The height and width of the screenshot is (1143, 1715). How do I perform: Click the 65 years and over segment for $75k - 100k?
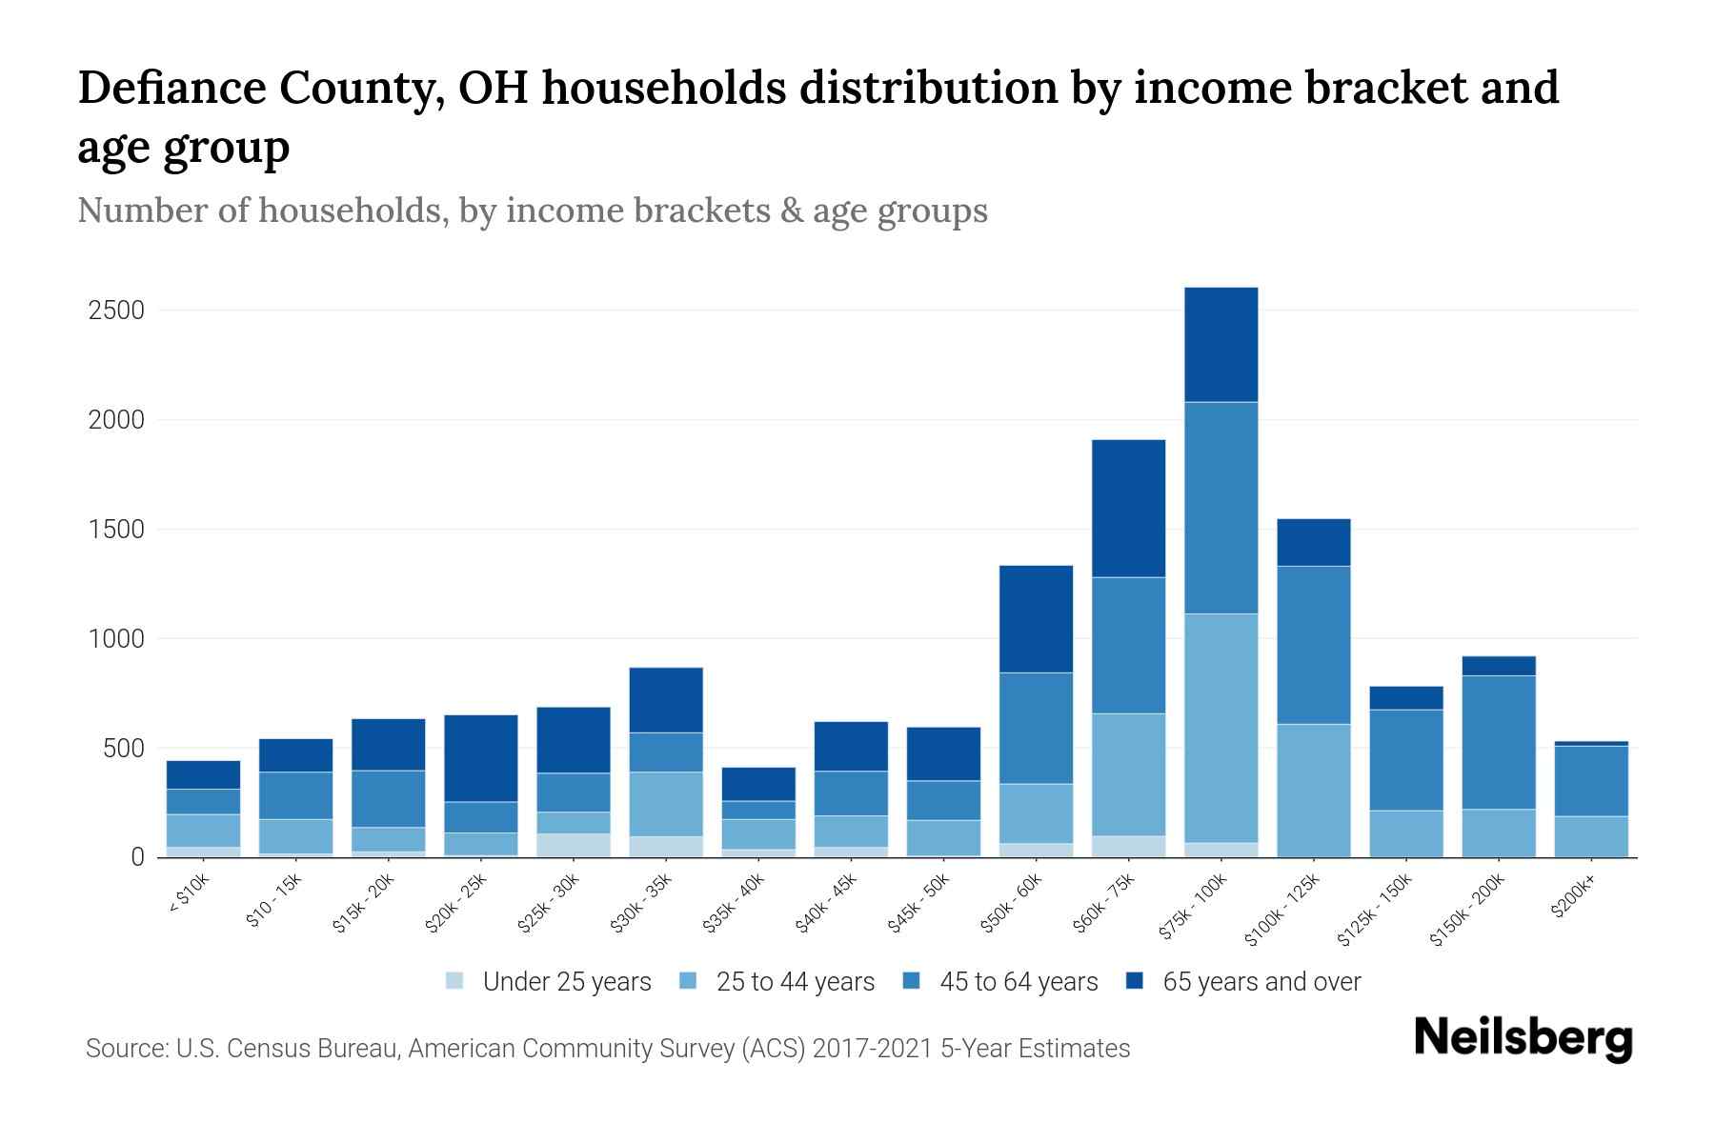tap(1221, 344)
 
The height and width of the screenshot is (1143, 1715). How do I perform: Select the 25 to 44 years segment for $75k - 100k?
tap(1221, 727)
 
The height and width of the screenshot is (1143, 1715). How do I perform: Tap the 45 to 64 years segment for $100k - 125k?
tap(1313, 645)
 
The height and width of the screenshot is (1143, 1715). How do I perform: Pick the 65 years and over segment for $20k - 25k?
tap(480, 758)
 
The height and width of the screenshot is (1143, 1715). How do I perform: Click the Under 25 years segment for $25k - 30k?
tap(573, 845)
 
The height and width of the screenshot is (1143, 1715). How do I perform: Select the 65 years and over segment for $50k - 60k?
tap(1036, 619)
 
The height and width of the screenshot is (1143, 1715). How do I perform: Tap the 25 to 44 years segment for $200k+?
tap(1590, 836)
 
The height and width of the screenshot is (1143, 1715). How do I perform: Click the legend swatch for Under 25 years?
tap(455, 981)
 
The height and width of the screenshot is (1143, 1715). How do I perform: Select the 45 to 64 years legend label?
tap(1018, 981)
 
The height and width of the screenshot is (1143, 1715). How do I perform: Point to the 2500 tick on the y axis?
tap(116, 311)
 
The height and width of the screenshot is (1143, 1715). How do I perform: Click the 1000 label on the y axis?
tap(116, 639)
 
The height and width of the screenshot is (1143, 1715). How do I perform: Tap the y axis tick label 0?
tap(137, 857)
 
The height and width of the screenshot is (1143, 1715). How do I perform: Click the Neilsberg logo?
tap(1523, 1038)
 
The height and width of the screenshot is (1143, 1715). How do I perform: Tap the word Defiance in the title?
tap(171, 88)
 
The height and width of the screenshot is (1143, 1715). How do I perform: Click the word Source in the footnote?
tap(126, 1049)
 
